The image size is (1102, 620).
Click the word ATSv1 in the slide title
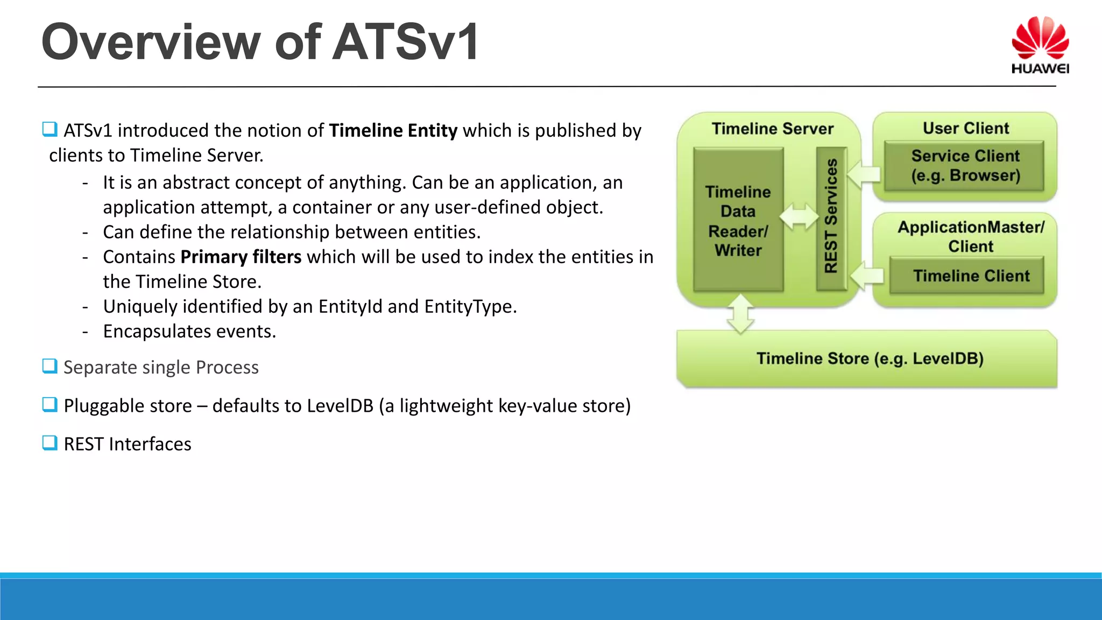tap(405, 42)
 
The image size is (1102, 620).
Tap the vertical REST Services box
tap(831, 218)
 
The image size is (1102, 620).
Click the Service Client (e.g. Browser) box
tap(965, 166)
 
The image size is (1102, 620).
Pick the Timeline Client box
tap(970, 276)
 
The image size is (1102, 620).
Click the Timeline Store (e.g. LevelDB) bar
tap(869, 359)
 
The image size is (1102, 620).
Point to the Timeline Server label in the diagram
tap(772, 129)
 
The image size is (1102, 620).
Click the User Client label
tap(965, 128)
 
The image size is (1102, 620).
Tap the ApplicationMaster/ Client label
tap(970, 236)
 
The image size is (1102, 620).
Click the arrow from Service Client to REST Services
tap(864, 173)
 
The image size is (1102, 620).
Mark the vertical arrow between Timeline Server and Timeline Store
tap(740, 314)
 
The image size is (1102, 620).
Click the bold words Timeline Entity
tap(393, 131)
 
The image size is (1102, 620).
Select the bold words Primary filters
tap(241, 257)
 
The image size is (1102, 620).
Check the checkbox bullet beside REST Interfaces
tap(50, 443)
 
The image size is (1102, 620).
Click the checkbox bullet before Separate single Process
tap(50, 366)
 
